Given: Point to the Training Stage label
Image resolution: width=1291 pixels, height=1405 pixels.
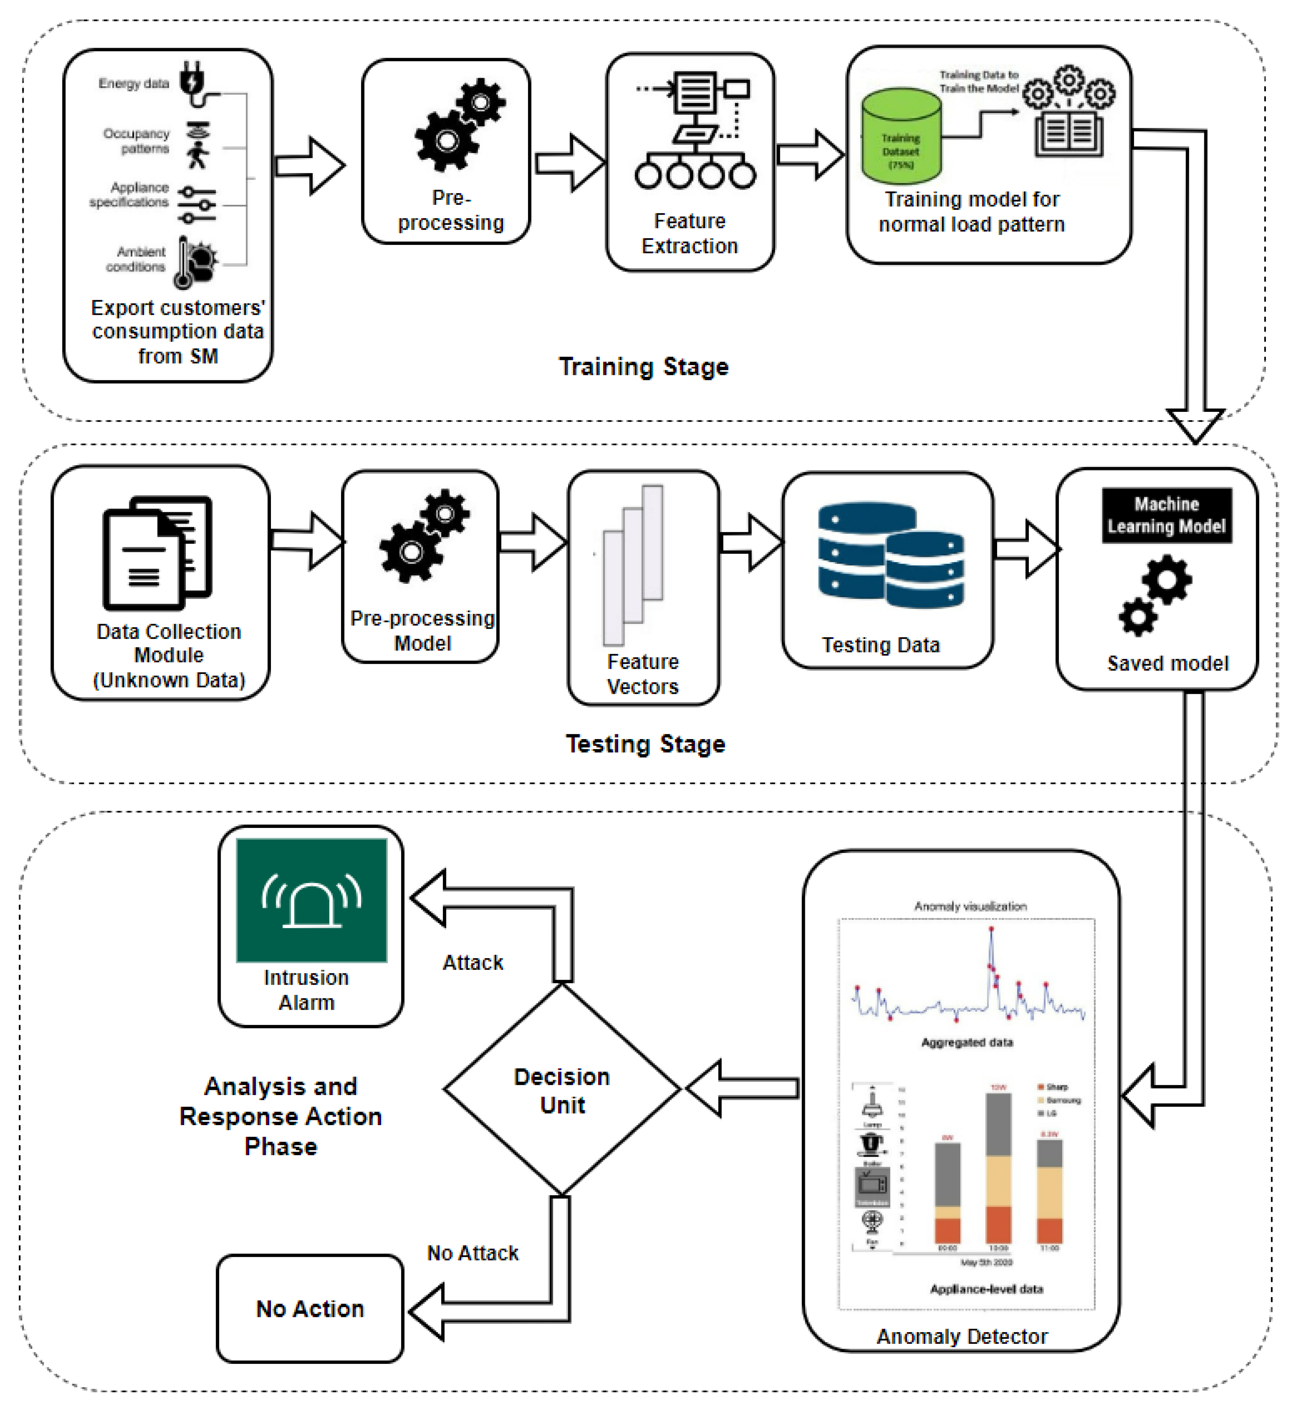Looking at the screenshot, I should tap(643, 367).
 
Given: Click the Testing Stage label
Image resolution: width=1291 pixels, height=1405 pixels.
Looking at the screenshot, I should tap(645, 744).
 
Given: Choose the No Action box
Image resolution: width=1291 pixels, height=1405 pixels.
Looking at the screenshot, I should tap(310, 1308).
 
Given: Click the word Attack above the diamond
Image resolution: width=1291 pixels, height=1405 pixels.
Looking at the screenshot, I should tap(473, 963).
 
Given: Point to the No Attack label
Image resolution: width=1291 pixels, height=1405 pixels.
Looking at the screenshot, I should tap(473, 1254).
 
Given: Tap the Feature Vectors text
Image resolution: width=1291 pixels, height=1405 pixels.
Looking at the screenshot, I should tap(643, 674).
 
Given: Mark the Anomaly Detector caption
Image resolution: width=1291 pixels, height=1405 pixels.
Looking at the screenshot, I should tap(962, 1336).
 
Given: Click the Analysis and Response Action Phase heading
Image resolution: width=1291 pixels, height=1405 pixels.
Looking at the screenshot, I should tap(281, 1116).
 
